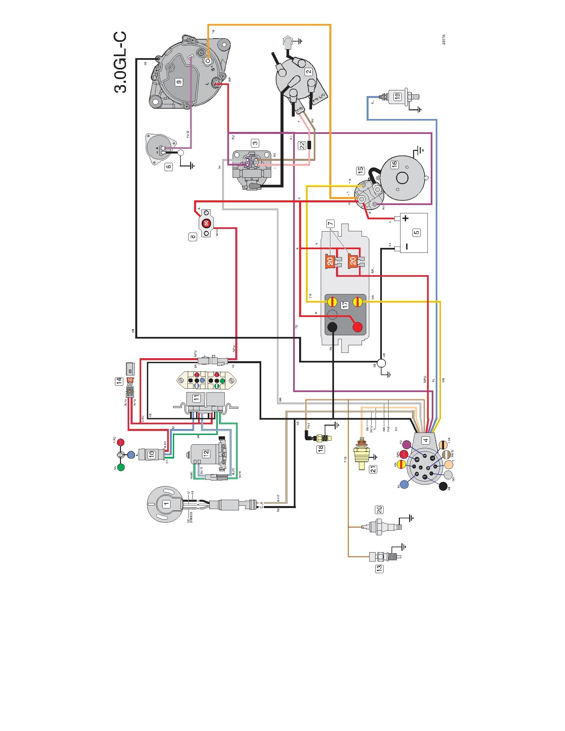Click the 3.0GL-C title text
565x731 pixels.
point(121,62)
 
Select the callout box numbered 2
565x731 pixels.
point(308,71)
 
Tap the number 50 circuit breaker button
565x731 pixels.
point(206,223)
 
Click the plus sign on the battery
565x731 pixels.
point(406,219)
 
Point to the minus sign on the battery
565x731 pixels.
point(406,247)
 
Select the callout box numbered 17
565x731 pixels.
point(344,305)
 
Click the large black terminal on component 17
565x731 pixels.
point(332,327)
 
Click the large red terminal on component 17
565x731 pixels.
point(358,327)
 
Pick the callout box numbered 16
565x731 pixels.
point(395,164)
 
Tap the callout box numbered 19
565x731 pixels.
point(397,96)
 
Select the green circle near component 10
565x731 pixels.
point(121,468)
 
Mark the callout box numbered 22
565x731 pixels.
point(302,145)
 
